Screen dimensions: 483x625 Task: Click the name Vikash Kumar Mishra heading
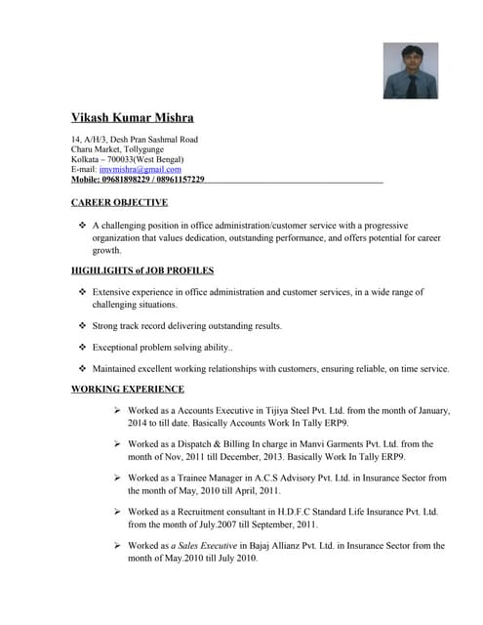pyautogui.click(x=139, y=118)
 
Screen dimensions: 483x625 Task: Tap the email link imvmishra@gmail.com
pyautogui.click(x=141, y=169)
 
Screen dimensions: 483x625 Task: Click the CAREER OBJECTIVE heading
pyautogui.click(x=120, y=202)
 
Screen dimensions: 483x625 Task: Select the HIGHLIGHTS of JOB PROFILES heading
pyautogui.click(x=142, y=270)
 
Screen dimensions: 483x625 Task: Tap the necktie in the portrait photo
pyautogui.click(x=412, y=85)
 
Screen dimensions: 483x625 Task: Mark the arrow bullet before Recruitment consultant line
pyautogui.click(x=117, y=512)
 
